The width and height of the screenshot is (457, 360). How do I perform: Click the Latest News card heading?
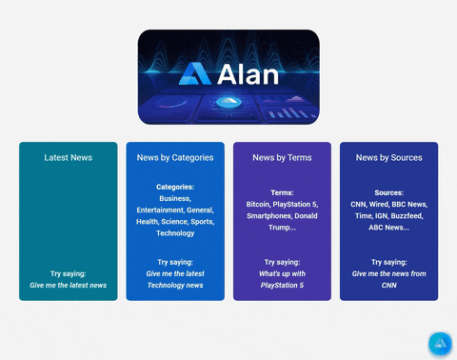[69, 157]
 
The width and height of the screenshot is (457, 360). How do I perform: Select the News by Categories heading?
[175, 157]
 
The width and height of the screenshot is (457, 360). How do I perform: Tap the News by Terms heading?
[282, 157]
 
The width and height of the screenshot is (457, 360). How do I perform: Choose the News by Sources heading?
[388, 157]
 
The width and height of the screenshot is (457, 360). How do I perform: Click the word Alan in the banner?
[248, 75]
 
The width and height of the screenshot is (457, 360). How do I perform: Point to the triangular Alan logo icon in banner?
[195, 75]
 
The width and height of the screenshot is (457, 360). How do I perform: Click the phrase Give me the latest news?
[69, 285]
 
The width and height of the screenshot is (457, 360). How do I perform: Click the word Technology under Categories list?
[175, 232]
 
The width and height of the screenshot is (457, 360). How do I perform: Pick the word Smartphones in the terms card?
[267, 215]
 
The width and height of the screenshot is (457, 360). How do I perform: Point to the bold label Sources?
[388, 192]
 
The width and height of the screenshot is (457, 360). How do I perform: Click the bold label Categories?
[175, 187]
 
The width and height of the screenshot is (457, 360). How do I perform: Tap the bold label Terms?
[282, 192]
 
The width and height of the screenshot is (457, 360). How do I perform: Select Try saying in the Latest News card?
[69, 273]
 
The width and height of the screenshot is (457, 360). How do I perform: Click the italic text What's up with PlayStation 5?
[282, 279]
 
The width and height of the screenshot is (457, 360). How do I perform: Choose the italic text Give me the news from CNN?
[388, 279]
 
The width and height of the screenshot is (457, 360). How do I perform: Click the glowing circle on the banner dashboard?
[228, 102]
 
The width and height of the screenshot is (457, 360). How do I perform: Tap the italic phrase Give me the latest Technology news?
[175, 279]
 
